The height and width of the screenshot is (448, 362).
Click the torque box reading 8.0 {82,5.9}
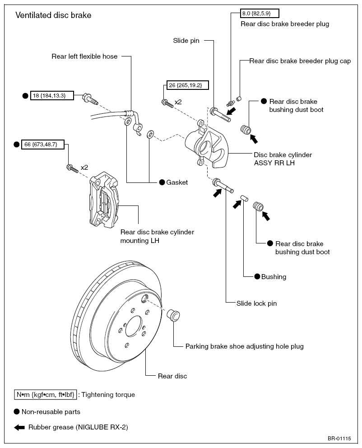(x=260, y=14)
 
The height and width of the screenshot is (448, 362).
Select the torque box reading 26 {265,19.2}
(x=188, y=85)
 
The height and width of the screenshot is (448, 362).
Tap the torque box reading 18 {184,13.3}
(x=52, y=95)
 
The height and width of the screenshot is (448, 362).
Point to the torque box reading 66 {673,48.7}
(x=43, y=144)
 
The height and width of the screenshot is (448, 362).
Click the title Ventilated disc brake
(x=53, y=15)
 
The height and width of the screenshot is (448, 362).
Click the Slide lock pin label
(x=256, y=303)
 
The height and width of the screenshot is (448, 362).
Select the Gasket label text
(x=177, y=182)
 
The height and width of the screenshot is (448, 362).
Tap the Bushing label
(x=274, y=276)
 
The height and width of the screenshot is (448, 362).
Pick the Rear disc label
(x=172, y=376)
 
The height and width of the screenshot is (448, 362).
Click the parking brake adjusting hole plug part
(x=173, y=315)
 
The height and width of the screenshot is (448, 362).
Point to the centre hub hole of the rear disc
(x=134, y=326)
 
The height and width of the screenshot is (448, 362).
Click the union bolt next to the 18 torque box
(x=90, y=98)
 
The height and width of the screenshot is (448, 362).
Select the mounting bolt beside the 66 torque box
(x=72, y=168)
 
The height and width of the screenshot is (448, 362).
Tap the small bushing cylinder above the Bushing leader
(x=244, y=198)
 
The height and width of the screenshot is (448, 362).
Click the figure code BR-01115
(x=339, y=438)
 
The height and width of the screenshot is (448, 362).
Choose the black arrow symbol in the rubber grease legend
(x=19, y=427)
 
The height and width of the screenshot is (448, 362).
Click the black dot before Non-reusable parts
(x=17, y=412)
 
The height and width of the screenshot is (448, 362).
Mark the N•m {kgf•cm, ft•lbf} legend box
(x=46, y=395)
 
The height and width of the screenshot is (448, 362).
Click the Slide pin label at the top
(x=186, y=41)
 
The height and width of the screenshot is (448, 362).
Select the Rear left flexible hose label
(x=84, y=56)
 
